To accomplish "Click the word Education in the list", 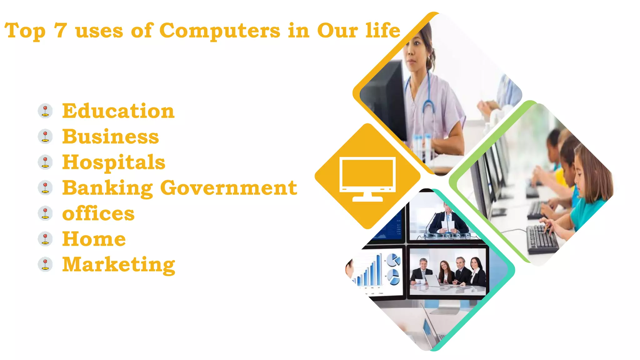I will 118,111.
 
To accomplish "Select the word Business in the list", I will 111,137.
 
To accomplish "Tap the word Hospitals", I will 114,162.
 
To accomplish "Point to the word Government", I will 228,188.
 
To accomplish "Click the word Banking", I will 107,188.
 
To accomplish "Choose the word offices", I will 98,213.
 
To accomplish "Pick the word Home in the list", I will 94,239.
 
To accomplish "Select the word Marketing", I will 119,265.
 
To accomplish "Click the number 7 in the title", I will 60,31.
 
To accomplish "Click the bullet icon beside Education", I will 45,111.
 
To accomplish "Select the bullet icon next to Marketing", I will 45,264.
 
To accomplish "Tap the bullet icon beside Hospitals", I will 45,162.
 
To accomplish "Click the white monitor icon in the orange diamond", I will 367,178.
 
